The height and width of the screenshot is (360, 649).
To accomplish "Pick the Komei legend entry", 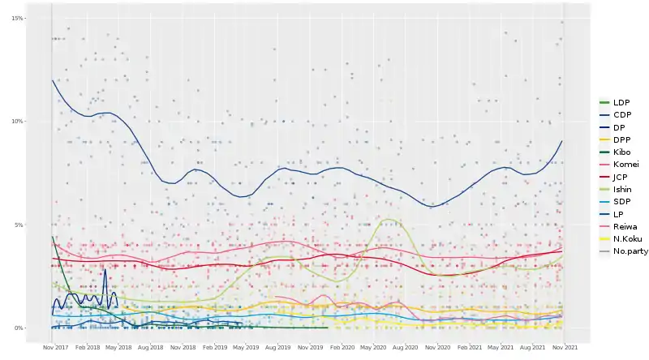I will [x=625, y=164].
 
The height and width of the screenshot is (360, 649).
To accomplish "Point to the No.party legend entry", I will [x=630, y=251].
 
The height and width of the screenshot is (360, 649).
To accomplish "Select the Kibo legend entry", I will [x=622, y=152].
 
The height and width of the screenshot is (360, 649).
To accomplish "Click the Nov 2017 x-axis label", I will [x=54, y=346].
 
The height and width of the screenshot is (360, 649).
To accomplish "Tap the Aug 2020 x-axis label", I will [x=405, y=346].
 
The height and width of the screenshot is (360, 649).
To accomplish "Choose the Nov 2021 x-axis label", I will [x=565, y=346].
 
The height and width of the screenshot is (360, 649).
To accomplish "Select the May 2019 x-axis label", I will [x=246, y=346].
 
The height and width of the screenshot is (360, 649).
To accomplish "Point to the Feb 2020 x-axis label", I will [x=342, y=346].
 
